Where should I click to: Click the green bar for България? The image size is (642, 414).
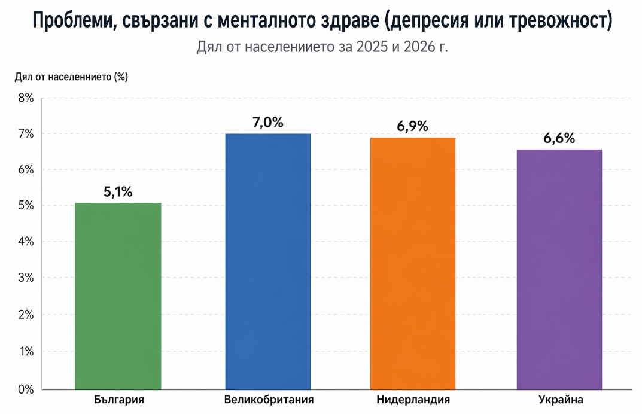tap(118, 296)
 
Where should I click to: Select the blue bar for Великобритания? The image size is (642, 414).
tap(268, 261)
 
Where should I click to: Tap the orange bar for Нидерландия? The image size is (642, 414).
tap(413, 263)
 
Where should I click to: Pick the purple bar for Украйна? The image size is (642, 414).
tap(559, 269)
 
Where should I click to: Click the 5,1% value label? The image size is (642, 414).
tap(118, 192)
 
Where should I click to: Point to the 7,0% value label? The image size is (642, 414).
tap(268, 123)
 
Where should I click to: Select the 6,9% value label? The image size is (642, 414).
tap(413, 126)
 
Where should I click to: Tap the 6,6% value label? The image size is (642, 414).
tap(559, 138)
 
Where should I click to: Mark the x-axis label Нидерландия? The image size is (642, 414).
tap(413, 399)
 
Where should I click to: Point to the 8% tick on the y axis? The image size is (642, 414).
tap(25, 98)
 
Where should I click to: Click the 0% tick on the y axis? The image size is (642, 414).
tap(25, 389)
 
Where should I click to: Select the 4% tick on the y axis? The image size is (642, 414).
tap(25, 242)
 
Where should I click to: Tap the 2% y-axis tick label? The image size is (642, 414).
tap(25, 315)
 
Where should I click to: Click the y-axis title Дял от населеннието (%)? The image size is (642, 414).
tap(71, 77)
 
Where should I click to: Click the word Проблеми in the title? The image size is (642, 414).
tap(72, 22)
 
